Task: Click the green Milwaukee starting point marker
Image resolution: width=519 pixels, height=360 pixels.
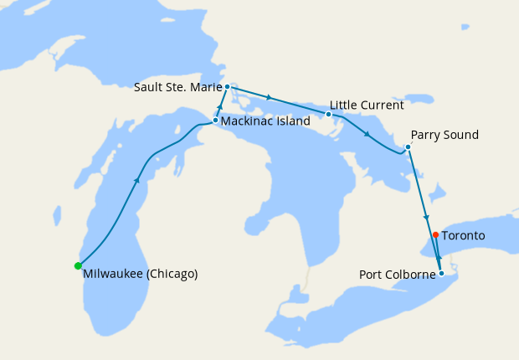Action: tap(78, 266)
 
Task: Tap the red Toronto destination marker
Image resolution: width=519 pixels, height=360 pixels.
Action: tap(434, 235)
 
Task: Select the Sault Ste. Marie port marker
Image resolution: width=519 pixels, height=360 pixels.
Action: tap(227, 86)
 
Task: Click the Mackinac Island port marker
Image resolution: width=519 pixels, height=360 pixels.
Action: tap(215, 121)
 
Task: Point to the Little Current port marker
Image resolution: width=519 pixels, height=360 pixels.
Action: tap(328, 114)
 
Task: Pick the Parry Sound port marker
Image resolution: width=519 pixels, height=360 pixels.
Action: tap(408, 147)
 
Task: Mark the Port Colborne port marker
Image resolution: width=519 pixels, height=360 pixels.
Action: tap(441, 273)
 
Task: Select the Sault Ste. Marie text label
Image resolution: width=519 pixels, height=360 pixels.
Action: tap(177, 87)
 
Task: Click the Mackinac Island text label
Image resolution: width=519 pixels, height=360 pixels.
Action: tap(265, 121)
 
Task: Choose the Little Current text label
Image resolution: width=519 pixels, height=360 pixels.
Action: tap(367, 105)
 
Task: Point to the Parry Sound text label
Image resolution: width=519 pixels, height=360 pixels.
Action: tap(444, 135)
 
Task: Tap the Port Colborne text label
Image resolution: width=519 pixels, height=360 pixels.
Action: tap(397, 274)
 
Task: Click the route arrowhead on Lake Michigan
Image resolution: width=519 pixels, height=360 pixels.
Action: tap(136, 178)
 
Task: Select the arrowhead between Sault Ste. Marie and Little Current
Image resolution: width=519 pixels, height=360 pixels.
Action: tap(269, 98)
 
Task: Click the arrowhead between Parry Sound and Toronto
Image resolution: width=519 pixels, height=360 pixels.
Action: tap(426, 217)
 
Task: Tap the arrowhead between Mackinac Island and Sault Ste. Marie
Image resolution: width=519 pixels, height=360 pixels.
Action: tap(221, 105)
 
